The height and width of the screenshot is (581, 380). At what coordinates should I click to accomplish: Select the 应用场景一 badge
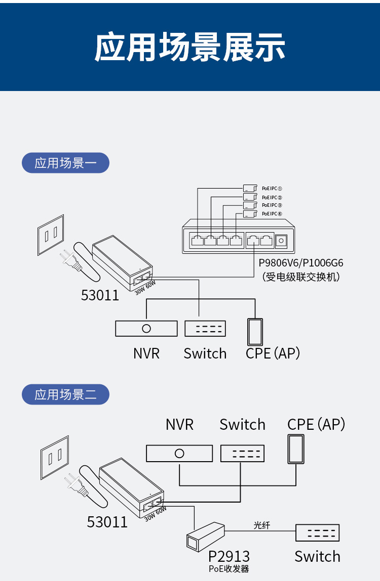click(65, 163)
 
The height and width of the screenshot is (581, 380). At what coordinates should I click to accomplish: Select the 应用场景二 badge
click(65, 394)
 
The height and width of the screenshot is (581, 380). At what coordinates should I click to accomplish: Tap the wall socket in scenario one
click(51, 234)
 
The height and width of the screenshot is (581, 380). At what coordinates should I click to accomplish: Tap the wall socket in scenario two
click(54, 458)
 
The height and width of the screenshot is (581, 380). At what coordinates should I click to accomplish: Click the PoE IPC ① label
click(272, 188)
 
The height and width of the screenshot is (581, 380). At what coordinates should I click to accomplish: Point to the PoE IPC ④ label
click(272, 214)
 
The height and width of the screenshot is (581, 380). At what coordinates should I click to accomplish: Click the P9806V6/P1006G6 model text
click(301, 263)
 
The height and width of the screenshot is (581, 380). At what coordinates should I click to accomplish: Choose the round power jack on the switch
click(281, 241)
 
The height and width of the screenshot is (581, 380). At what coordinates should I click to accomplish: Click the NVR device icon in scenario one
click(146, 329)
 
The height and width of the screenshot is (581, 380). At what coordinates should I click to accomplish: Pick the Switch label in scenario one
click(205, 353)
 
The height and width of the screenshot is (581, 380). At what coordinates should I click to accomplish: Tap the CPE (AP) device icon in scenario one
click(255, 332)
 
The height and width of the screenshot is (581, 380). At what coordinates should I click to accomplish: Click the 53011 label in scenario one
click(100, 295)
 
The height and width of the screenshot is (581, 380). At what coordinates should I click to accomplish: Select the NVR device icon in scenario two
click(179, 453)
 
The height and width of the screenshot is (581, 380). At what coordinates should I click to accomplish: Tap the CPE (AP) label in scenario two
click(316, 424)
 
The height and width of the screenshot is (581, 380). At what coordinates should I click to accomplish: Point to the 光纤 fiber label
click(262, 525)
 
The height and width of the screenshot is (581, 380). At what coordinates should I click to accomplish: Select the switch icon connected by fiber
click(317, 533)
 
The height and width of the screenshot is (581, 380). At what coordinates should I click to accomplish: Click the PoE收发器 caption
click(229, 569)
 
